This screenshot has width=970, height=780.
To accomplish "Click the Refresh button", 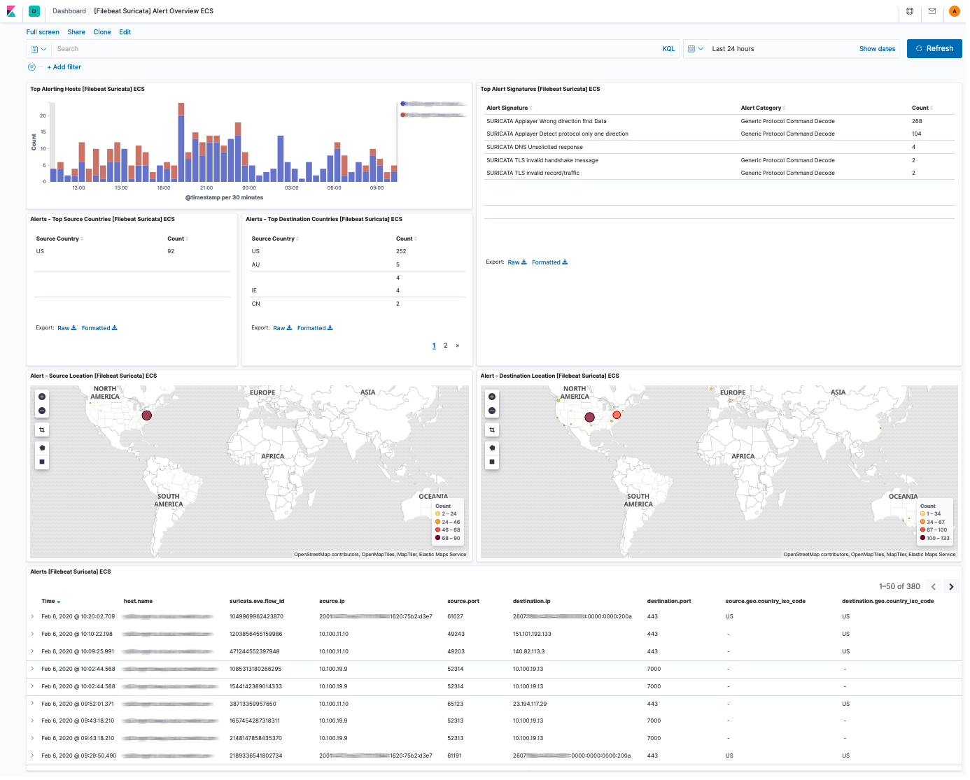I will pyautogui.click(x=934, y=49).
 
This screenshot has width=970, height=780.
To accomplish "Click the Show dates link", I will pyautogui.click(x=877, y=49).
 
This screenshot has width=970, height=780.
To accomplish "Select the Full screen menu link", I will pyautogui.click(x=43, y=32).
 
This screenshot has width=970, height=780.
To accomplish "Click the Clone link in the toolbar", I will pyautogui.click(x=102, y=32).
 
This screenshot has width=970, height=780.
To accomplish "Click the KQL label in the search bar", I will pyautogui.click(x=668, y=49).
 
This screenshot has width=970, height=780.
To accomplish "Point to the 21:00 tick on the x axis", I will pyautogui.click(x=206, y=188).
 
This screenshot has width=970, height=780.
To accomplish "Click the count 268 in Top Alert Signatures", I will pyautogui.click(x=917, y=121).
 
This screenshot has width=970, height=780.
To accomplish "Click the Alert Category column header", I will pyautogui.click(x=761, y=108).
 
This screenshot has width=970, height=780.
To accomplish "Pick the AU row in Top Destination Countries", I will pyautogui.click(x=256, y=265).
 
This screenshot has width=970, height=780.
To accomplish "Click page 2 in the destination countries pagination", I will pyautogui.click(x=445, y=346).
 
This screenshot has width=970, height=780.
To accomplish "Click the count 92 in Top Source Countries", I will pyautogui.click(x=171, y=251).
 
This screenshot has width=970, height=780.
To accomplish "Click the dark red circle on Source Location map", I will pyautogui.click(x=147, y=416).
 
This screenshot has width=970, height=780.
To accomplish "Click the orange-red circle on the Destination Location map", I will pyautogui.click(x=617, y=416).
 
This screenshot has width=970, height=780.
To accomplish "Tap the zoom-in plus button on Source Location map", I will pyautogui.click(x=42, y=397).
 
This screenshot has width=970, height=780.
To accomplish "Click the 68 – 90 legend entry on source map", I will pyautogui.click(x=450, y=539).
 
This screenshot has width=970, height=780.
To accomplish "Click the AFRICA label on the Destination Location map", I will pyautogui.click(x=743, y=457).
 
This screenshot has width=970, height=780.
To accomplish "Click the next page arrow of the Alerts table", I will pyautogui.click(x=951, y=587).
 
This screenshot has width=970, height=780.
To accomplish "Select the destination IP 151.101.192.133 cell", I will pyautogui.click(x=532, y=634).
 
